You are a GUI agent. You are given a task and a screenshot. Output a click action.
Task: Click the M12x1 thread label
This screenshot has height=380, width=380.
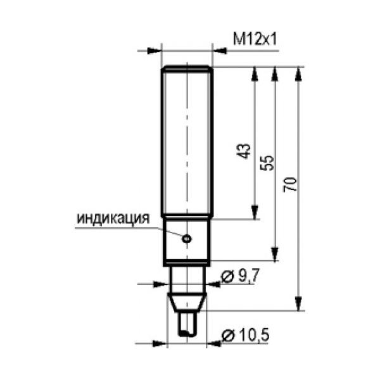(x=255, y=39)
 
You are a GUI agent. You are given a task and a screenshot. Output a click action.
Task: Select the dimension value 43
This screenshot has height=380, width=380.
(x=243, y=151)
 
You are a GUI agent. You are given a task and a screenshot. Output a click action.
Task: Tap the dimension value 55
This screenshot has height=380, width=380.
(x=267, y=163)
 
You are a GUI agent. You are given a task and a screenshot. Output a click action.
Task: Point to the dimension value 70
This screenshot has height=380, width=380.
(x=290, y=185)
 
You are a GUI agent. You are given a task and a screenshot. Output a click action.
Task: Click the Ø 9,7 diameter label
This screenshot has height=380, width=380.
(x=240, y=275)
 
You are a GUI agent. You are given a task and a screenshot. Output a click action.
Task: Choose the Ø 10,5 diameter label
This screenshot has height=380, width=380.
(x=245, y=336)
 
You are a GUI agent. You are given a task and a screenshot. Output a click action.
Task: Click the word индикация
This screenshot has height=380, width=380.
(x=113, y=218)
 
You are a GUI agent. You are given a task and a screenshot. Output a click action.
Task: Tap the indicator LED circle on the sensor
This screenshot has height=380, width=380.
(x=187, y=239)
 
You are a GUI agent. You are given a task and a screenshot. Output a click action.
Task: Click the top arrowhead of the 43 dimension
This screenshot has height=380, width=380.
(x=255, y=73)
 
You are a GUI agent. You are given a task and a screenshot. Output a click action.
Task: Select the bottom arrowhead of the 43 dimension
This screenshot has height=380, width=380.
(x=255, y=212)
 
